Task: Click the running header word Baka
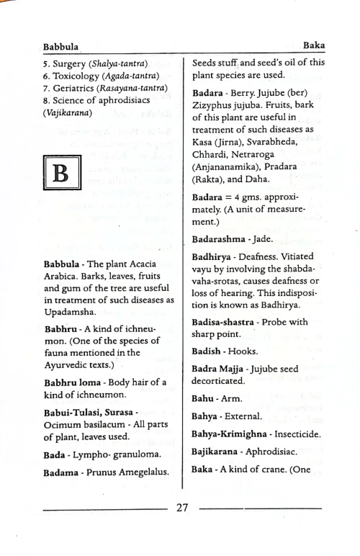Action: [x=314, y=45]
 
